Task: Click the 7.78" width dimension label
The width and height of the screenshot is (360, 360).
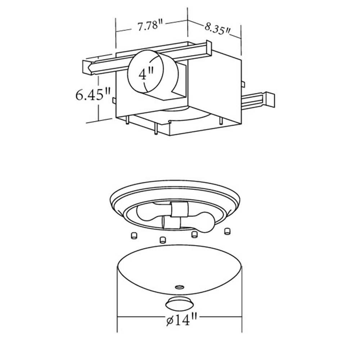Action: coord(150,26)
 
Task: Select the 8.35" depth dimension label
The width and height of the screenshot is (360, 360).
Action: coord(217,28)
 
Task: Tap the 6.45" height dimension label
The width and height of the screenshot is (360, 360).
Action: coord(93,95)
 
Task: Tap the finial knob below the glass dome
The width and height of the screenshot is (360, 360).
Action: coord(178,303)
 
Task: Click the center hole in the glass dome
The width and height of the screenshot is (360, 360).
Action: coord(179,287)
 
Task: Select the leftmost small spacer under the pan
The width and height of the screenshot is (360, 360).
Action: coord(134,235)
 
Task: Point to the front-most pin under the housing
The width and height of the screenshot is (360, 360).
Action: coord(155,130)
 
